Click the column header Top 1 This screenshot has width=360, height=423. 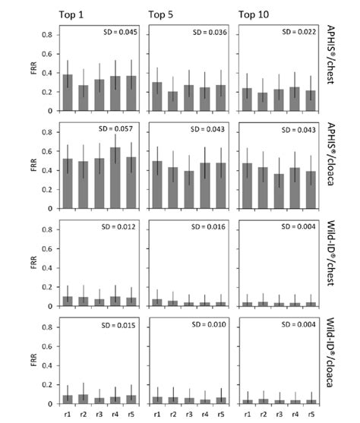[x=73, y=14]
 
